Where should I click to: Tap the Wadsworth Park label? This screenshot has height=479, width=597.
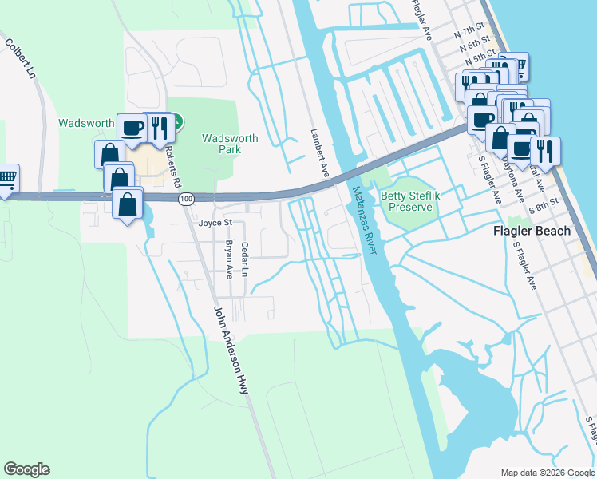point(230,144)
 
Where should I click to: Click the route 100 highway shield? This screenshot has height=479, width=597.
point(186,198)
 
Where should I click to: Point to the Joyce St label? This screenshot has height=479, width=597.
point(215,224)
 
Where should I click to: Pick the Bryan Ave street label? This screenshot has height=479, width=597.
point(229,259)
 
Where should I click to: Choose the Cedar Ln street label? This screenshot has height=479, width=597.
point(245,260)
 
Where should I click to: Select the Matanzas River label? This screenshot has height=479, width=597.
point(363,221)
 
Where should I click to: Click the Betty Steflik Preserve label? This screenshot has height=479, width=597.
point(410,201)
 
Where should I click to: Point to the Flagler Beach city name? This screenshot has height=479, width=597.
point(531,232)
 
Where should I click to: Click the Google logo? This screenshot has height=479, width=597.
point(26,469)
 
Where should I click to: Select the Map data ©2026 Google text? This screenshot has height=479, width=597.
point(547,472)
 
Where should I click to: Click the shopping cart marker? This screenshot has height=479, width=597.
point(6,176)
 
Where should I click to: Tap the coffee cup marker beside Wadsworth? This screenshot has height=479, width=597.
point(132,128)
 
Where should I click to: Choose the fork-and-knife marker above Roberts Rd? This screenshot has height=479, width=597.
point(160,128)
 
